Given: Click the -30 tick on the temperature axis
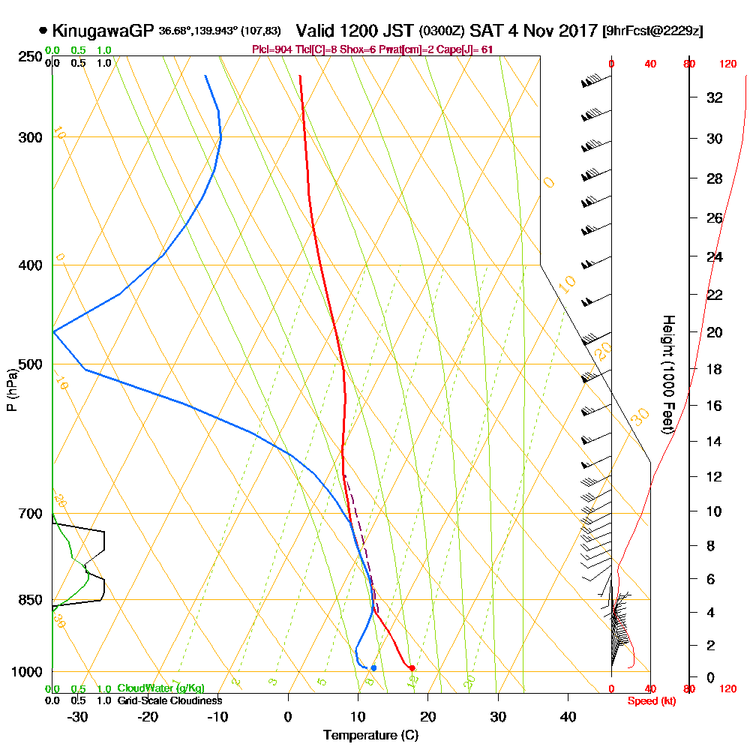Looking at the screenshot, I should tap(78, 717).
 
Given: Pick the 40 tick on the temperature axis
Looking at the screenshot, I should tap(568, 717).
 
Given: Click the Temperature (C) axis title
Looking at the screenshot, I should tap(370, 735).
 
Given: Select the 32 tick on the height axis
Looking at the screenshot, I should tap(715, 97).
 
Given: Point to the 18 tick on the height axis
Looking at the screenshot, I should tap(715, 369).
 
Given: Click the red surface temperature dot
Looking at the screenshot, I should tap(412, 667).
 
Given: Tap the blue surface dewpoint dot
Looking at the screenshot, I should tap(373, 667).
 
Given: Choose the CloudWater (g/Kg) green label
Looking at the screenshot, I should tap(160, 688).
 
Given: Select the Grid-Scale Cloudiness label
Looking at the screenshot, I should tap(169, 700).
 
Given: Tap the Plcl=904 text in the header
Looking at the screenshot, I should tap(273, 49).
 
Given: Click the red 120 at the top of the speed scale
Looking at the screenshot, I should tap(727, 64).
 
